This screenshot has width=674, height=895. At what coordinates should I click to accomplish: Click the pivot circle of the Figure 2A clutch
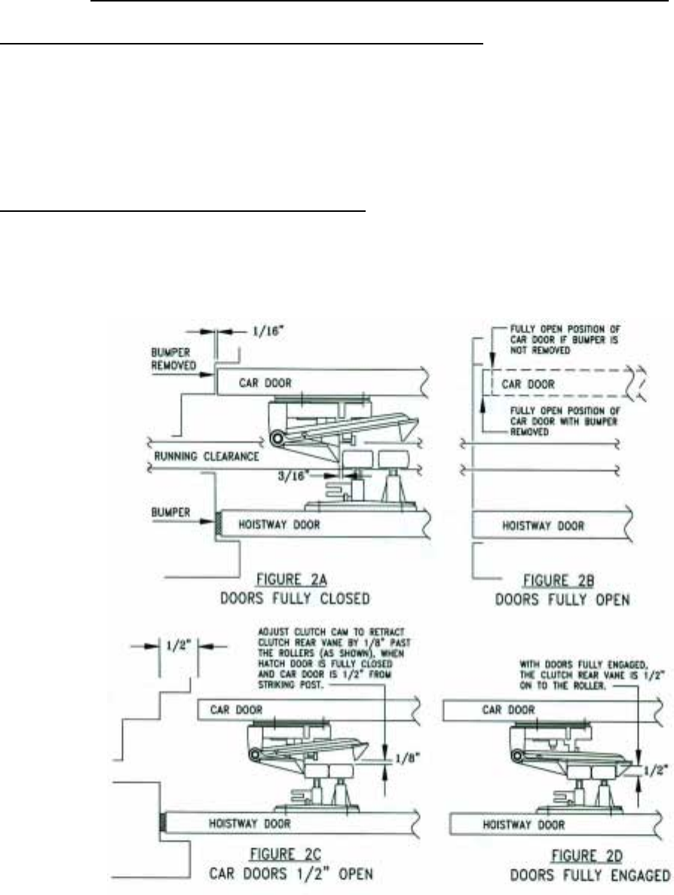pos(278,438)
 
